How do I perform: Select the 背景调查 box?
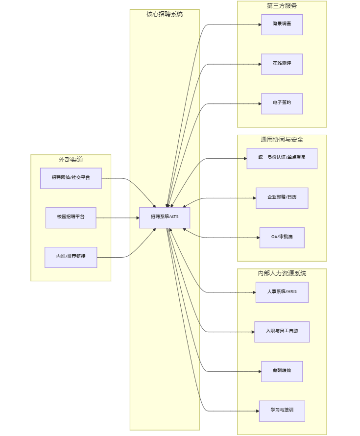[x=282, y=24]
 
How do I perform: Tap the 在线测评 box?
[x=282, y=64]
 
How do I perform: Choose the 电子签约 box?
[x=282, y=104]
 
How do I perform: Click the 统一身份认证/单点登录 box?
[x=282, y=159]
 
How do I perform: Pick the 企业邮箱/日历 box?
[x=282, y=198]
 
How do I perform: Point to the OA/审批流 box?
[x=282, y=238]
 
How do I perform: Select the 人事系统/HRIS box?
[x=282, y=292]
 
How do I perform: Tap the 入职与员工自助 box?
[x=282, y=332]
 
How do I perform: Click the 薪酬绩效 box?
[x=282, y=371]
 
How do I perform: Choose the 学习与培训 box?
[x=282, y=411]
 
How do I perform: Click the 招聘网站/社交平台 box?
[x=71, y=178]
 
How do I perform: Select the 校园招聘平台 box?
[x=71, y=218]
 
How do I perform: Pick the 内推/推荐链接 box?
[x=71, y=257]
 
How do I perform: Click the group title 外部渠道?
[x=71, y=160]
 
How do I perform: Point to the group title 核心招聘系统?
[x=165, y=14]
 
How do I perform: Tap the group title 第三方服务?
[x=282, y=6]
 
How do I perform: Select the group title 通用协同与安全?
[x=282, y=140]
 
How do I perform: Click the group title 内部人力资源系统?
[x=282, y=273]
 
